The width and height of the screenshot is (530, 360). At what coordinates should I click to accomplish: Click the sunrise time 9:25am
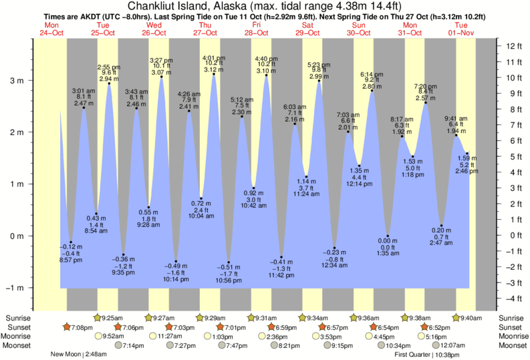[116, 317]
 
